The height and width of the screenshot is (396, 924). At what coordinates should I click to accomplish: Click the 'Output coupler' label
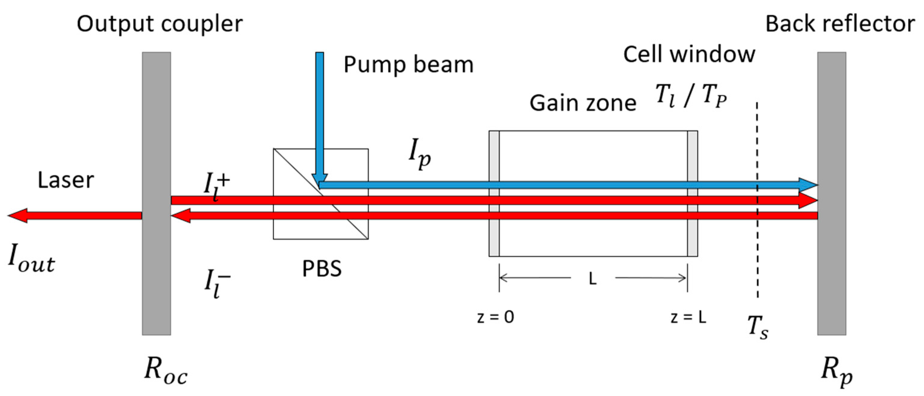(160, 24)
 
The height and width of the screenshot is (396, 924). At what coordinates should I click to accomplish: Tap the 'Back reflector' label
(840, 24)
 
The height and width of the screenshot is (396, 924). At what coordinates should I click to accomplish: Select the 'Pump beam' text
(408, 65)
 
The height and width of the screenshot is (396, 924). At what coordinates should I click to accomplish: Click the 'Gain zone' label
(583, 103)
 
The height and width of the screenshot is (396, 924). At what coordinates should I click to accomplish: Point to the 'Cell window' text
(689, 55)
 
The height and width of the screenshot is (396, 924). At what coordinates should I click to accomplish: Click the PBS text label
(322, 269)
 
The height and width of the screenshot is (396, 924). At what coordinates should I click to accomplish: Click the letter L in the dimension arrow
(593, 279)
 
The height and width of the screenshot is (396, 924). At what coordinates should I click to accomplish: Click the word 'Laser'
(66, 180)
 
